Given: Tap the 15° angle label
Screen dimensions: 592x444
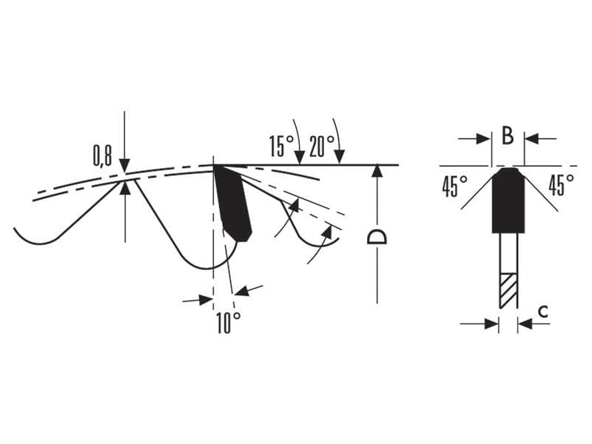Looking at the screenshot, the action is [x=281, y=146].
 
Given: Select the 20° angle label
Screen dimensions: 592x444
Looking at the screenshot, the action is [x=322, y=146].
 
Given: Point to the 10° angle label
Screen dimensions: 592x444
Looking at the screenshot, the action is [x=229, y=323].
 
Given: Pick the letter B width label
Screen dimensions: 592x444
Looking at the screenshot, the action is [x=508, y=136].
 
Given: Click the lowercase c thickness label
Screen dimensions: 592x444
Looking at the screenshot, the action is [x=542, y=312].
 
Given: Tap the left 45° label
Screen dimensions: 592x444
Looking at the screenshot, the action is [x=454, y=186].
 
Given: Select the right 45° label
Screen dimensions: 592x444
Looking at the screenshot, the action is [x=561, y=184].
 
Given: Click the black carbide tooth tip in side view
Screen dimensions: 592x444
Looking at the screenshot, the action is [x=232, y=204].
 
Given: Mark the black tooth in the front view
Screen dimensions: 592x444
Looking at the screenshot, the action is [x=508, y=200].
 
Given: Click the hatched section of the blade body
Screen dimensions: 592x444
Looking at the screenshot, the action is [x=508, y=290].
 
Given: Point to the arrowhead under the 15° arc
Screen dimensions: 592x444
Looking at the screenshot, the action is [x=300, y=158].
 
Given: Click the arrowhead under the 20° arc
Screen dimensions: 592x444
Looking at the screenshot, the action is [x=340, y=158].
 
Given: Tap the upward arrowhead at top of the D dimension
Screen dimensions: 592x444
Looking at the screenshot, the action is [x=377, y=172].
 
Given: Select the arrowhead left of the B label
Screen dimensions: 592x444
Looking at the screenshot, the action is [x=484, y=138].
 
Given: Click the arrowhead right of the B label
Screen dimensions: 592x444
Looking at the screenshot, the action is [x=531, y=138].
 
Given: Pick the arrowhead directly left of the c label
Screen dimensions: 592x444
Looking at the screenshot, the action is [x=525, y=323].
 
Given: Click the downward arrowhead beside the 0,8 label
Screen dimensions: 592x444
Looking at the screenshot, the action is [x=124, y=166].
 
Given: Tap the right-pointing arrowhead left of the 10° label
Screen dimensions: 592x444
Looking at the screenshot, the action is [x=206, y=300].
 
